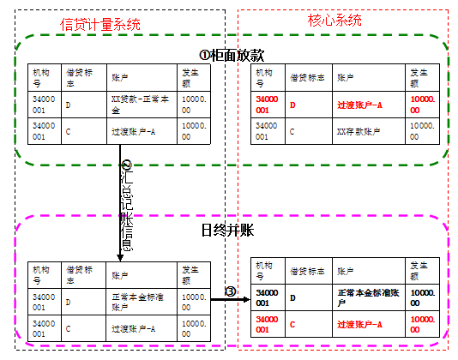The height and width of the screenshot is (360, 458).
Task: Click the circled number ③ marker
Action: (x=230, y=292)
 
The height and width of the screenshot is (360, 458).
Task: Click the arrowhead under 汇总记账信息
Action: (x=120, y=255)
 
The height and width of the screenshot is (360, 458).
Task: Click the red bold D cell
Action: (x=293, y=105)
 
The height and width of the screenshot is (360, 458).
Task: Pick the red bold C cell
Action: (x=293, y=325)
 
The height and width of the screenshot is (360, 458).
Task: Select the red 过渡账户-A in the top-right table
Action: (x=361, y=105)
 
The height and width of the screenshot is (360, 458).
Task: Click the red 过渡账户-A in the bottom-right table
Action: (x=361, y=325)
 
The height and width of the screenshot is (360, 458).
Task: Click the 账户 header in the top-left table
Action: (x=120, y=77)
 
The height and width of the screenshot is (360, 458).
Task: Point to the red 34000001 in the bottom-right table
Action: (x=264, y=325)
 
